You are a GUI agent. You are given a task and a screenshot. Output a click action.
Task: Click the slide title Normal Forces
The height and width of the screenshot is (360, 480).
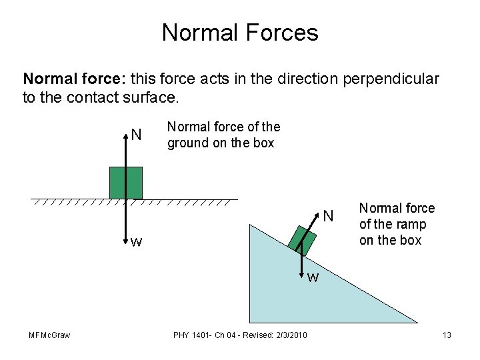pyautogui.click(x=240, y=32)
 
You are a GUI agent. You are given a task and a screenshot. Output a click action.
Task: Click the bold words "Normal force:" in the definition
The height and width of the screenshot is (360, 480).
pyautogui.click(x=74, y=79)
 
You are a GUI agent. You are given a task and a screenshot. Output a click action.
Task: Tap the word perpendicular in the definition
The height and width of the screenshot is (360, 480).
pyautogui.click(x=391, y=79)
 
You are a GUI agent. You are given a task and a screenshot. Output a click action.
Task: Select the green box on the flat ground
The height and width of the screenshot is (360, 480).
pyautogui.click(x=126, y=183)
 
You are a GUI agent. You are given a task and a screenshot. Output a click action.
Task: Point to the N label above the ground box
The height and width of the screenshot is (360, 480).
pyautogui.click(x=136, y=135)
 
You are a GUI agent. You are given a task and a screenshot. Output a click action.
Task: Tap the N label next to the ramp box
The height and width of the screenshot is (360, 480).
pyautogui.click(x=328, y=216)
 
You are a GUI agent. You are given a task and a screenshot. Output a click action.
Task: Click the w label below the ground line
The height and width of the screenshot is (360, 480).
pyautogui.click(x=136, y=241)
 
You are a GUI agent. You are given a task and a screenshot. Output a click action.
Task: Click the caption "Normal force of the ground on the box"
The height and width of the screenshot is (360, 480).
pyautogui.click(x=223, y=135)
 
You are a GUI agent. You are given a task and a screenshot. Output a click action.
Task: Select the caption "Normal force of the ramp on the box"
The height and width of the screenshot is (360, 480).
pyautogui.click(x=397, y=224)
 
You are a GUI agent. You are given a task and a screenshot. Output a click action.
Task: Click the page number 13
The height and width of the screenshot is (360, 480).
pyautogui.click(x=447, y=335)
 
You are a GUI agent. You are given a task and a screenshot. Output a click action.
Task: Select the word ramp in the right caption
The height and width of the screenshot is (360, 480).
pyautogui.click(x=411, y=224)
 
